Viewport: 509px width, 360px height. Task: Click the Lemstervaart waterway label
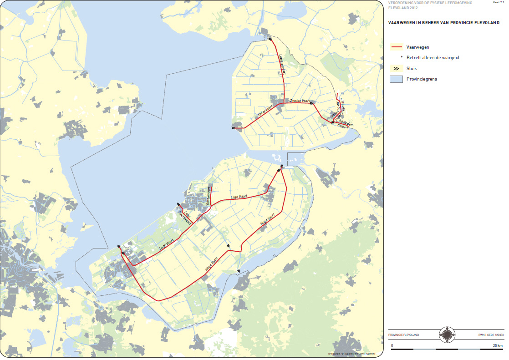281,62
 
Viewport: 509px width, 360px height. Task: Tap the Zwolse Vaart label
299,100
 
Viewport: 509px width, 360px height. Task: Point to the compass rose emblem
447,335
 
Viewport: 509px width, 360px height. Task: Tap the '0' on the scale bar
392,345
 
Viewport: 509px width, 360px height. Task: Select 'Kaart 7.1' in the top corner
499,3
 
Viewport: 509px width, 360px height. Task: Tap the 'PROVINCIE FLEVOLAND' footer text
404,335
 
